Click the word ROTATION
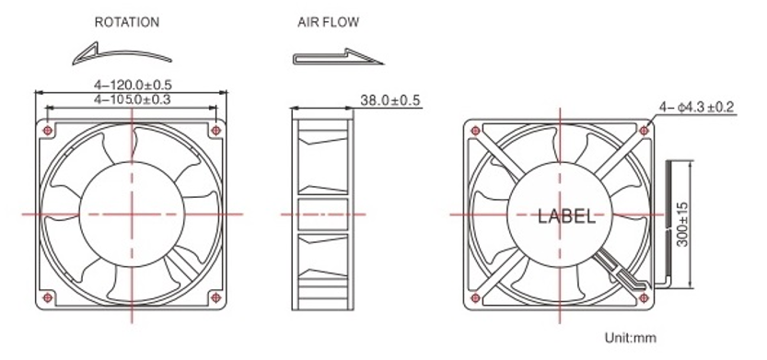tap(127, 21)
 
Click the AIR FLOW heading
tap(329, 21)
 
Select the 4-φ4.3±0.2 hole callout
tap(695, 108)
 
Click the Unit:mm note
tap(630, 338)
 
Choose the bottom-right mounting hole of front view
tap(215, 296)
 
